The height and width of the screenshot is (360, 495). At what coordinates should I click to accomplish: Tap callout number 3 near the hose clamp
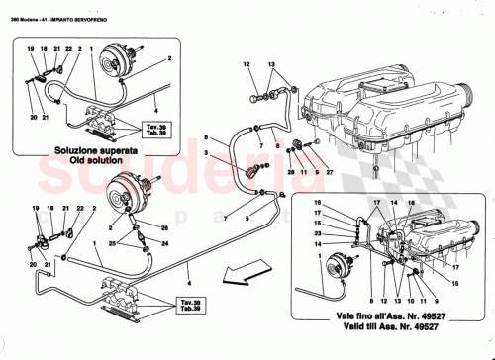[x=207, y=154]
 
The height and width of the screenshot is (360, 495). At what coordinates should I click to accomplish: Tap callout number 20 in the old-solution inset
[x=32, y=117]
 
